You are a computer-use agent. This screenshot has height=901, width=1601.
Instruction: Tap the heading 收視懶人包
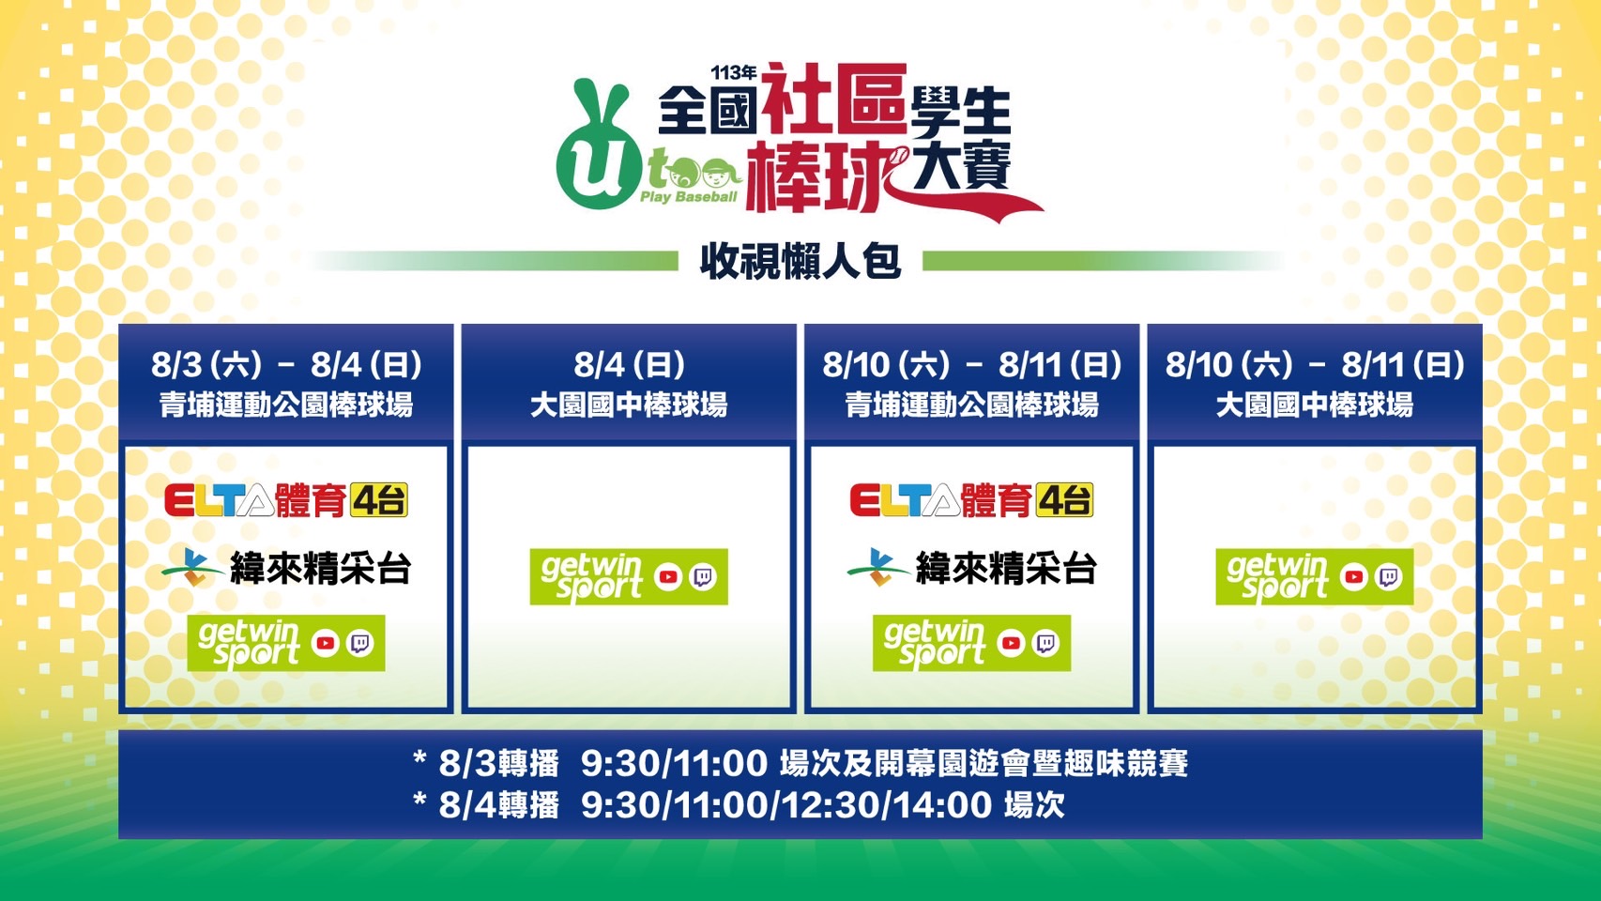800,262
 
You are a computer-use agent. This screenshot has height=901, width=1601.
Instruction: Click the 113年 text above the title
733,72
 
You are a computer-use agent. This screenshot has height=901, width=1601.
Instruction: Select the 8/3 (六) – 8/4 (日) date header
286,365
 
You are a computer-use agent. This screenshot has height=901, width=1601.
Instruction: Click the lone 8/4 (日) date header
629,365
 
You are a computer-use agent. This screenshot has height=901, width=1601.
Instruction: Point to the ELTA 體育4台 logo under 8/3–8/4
286,500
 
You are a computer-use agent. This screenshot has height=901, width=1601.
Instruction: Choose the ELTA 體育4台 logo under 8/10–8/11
971,500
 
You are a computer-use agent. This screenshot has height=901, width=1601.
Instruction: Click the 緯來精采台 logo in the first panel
286,569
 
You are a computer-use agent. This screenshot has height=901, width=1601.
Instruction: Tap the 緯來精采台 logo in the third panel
971,569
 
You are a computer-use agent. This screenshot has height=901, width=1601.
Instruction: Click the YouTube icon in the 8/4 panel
668,577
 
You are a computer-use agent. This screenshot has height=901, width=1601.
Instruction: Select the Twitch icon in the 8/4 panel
703,577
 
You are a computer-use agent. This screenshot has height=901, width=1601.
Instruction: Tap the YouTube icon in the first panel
326,643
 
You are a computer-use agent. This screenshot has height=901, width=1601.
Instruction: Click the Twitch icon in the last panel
1390,577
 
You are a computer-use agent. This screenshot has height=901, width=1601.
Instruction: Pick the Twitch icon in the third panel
1046,643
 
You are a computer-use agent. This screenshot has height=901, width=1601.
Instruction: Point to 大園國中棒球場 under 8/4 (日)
629,405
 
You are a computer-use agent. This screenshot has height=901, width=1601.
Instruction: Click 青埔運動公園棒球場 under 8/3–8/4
286,405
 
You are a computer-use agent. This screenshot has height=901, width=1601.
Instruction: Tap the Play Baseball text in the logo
688,197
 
